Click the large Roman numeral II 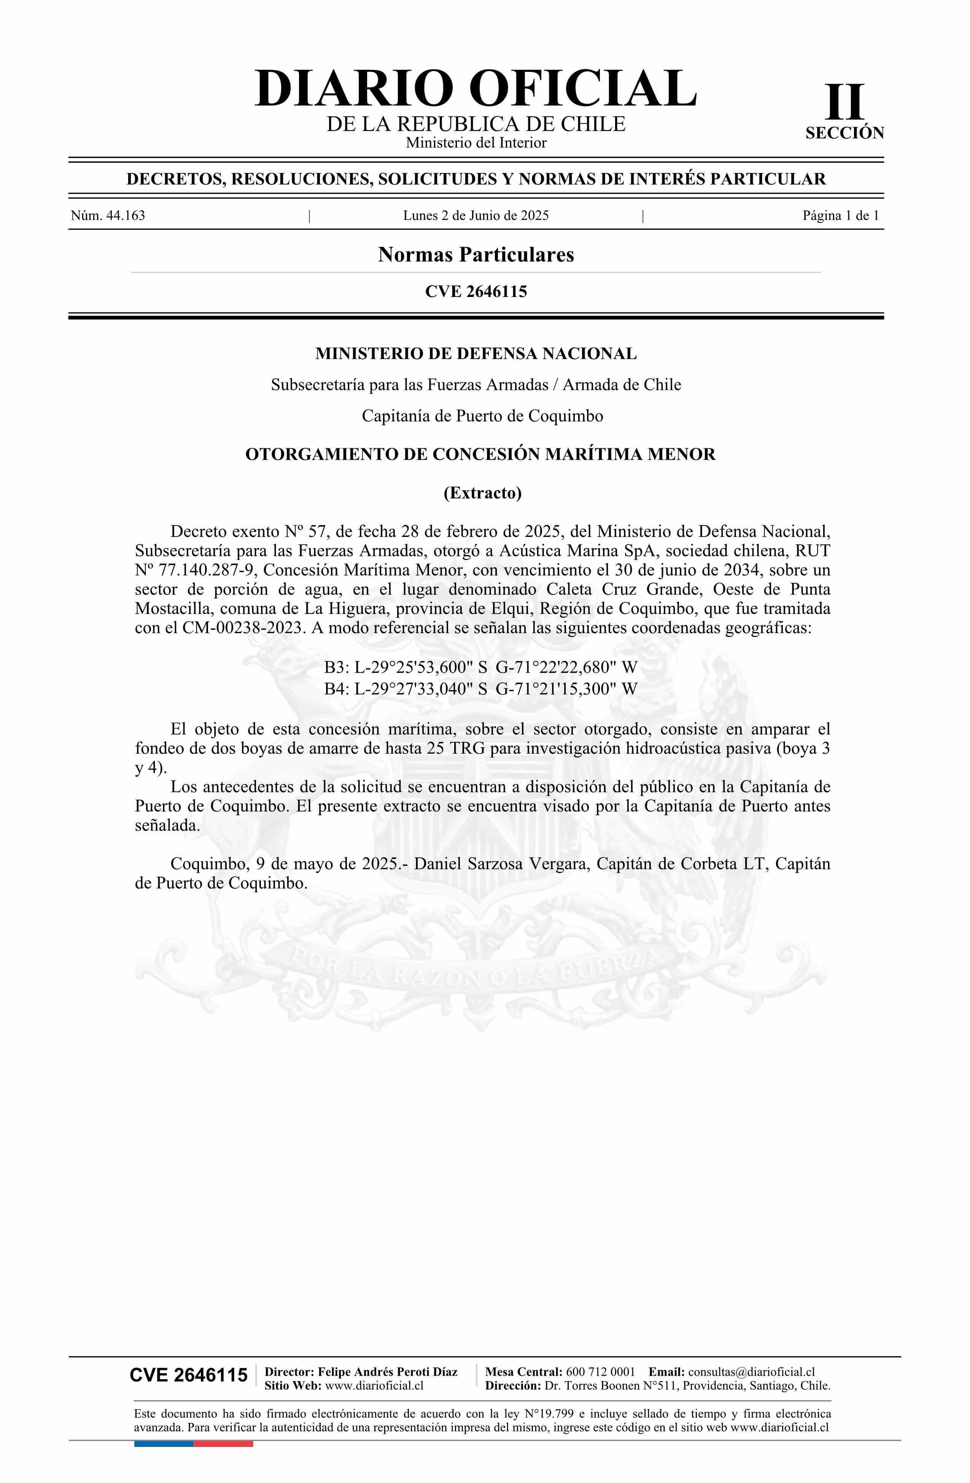[845, 103]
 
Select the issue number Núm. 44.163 [108, 216]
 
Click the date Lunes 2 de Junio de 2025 [475, 216]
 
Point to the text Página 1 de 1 [840, 216]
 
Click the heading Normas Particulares [475, 255]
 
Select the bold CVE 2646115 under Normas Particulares [475, 292]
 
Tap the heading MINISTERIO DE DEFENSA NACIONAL [475, 354]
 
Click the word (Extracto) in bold [482, 493]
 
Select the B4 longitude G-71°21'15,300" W [566, 689]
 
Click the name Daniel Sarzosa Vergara [502, 864]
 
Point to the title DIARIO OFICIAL [475, 89]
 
